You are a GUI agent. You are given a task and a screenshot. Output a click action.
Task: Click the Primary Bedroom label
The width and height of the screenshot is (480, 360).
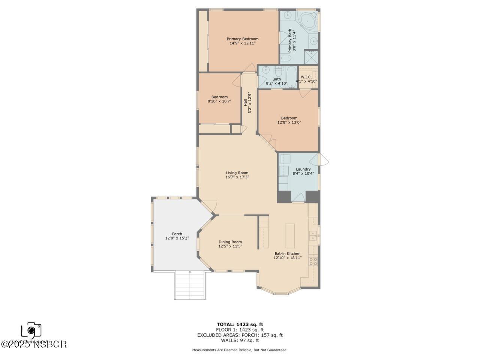coord(242,41)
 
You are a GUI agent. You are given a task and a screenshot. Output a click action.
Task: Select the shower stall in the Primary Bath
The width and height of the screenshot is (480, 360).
coord(311,57)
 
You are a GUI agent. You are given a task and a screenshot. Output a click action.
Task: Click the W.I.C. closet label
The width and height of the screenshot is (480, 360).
coord(306,79)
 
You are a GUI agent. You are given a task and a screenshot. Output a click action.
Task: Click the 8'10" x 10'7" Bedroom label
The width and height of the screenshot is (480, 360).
coord(219,99)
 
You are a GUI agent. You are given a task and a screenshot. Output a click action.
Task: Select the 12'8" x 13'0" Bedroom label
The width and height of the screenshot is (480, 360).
coord(289,120)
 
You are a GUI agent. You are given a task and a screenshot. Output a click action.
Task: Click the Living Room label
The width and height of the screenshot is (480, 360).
coord(237,175)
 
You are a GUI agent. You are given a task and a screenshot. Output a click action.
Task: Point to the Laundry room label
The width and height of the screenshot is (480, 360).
coord(303,171)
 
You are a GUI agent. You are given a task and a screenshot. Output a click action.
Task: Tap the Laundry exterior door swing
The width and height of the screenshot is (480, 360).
coord(323,160)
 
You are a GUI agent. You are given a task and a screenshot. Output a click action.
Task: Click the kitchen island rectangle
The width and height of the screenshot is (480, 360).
coord(290,235)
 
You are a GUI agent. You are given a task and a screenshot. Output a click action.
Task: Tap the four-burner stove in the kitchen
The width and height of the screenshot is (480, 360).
coord(313,261)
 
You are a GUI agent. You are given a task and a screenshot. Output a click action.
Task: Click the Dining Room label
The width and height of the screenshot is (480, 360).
coord(230,244)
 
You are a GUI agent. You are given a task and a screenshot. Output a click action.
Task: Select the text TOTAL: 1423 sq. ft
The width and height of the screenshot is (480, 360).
coord(242,324)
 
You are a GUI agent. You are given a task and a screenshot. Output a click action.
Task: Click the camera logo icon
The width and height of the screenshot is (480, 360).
coord(31,330)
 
